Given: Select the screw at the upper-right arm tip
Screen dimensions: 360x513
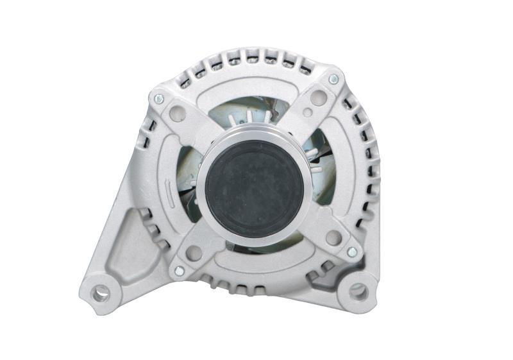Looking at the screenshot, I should [333, 79].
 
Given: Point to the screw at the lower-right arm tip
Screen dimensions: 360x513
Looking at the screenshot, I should [351, 252].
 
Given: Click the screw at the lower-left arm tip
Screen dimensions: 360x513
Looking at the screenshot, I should [179, 271].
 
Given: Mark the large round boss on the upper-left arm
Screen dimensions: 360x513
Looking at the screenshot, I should [179, 116].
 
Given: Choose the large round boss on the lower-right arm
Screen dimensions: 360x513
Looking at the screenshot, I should [333, 237].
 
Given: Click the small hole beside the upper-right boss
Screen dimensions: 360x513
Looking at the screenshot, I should [308, 113].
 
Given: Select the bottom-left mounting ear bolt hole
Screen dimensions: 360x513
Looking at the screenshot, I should [100, 294].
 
